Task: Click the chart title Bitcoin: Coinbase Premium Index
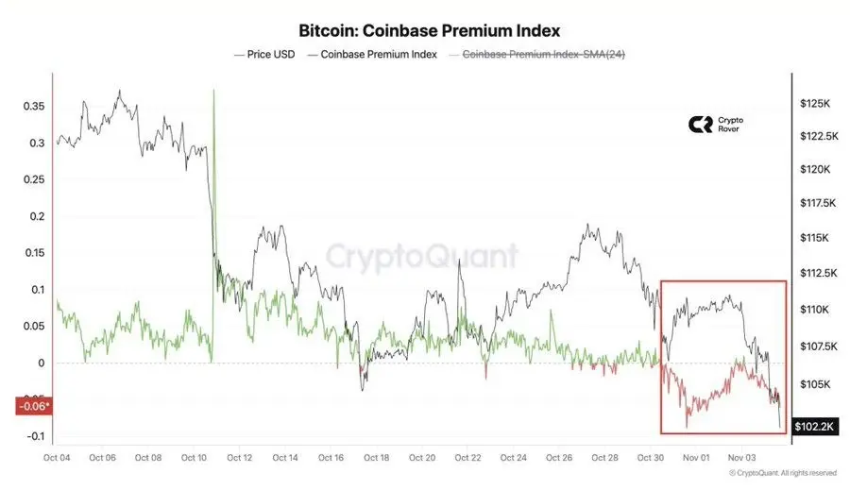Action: coord(429,30)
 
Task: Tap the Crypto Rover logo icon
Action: coord(700,125)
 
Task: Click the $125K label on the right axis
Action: coord(813,102)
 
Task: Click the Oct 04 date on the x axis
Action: coord(57,458)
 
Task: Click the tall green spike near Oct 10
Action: coord(214,94)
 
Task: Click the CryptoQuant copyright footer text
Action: coord(782,473)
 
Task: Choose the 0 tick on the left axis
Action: coord(42,363)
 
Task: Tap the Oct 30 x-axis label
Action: coord(650,458)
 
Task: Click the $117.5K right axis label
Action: coord(813,203)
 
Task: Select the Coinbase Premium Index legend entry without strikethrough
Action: coord(378,55)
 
